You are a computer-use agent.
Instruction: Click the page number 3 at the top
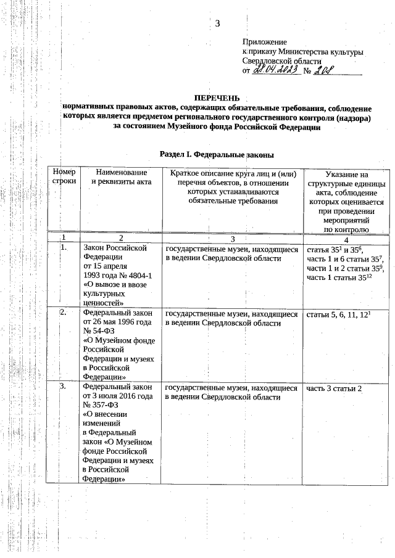pos(217,24)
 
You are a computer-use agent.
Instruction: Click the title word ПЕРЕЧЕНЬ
pos(217,97)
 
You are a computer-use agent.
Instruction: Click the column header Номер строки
pos(64,178)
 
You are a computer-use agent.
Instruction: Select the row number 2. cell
pos(63,313)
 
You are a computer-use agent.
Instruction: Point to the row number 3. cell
pos(63,387)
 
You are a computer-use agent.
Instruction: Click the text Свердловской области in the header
pos(281,62)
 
